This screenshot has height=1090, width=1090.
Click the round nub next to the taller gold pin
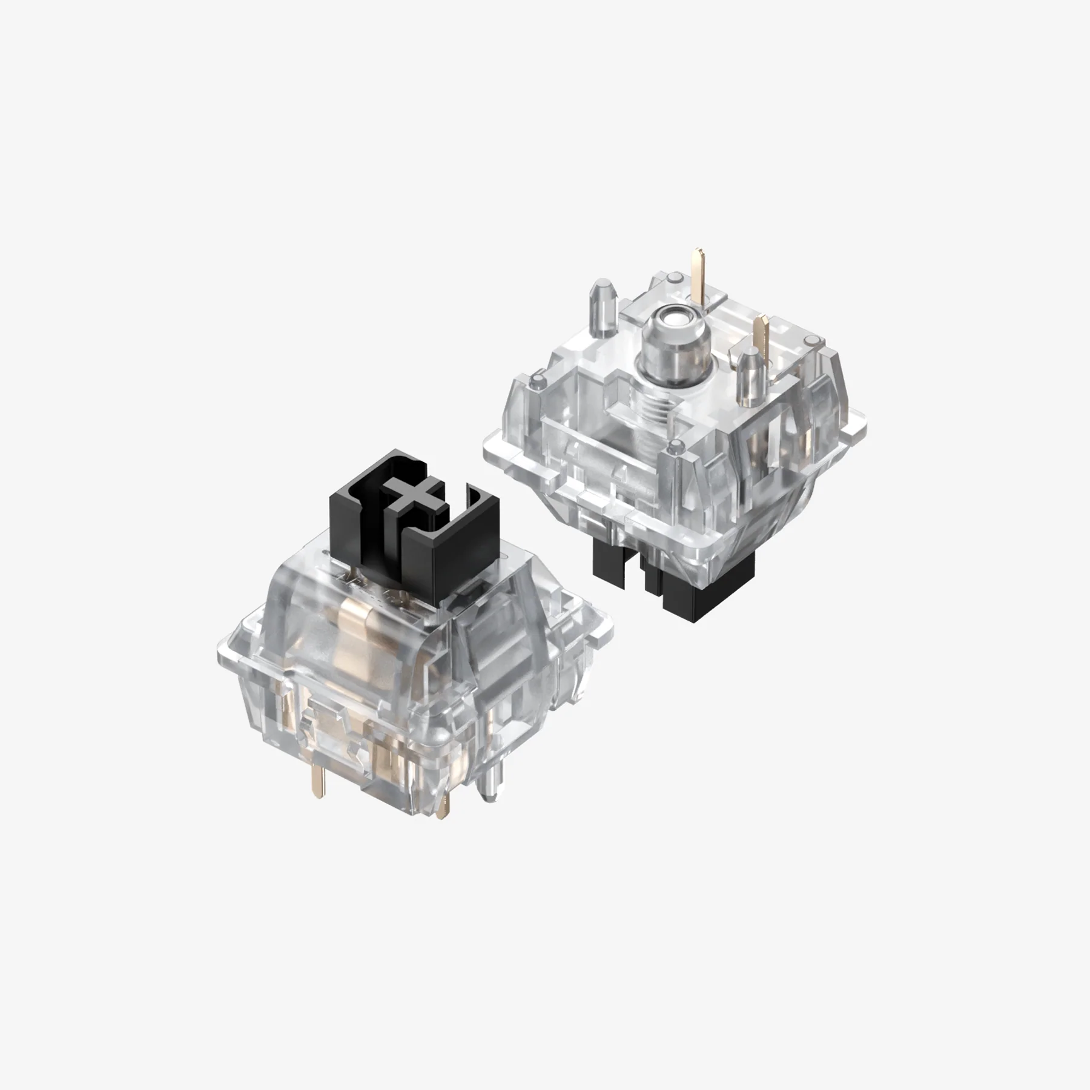tap(674, 277)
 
